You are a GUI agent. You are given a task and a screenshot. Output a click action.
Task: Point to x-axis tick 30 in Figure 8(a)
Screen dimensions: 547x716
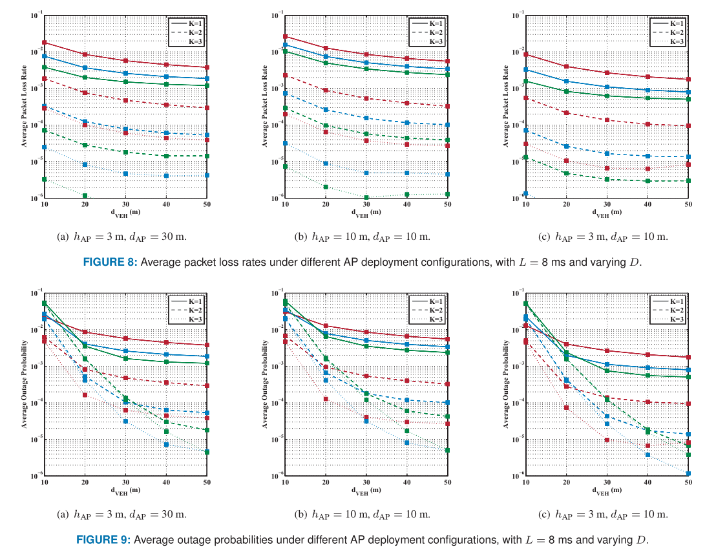pyautogui.click(x=125, y=204)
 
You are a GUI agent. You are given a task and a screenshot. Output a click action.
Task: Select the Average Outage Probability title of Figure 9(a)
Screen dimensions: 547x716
pyautogui.click(x=24, y=384)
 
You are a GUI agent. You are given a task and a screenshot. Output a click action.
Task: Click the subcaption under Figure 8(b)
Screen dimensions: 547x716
pyautogui.click(x=366, y=237)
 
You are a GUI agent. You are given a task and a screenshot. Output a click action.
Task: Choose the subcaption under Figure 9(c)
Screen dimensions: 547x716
pyautogui.click(x=605, y=515)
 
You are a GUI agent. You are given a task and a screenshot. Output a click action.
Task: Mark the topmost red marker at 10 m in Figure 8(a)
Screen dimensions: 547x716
pyautogui.click(x=45, y=43)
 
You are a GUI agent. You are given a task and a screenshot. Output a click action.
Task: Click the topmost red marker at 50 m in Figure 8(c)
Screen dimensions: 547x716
pyautogui.click(x=688, y=80)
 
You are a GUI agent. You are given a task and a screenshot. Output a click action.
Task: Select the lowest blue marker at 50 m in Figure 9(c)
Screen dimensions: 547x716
pyautogui.click(x=688, y=473)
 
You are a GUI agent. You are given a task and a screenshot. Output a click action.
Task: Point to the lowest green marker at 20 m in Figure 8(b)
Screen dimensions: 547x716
pyautogui.click(x=326, y=187)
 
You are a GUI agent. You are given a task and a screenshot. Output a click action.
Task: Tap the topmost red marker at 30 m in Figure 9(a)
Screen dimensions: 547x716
pyautogui.click(x=125, y=338)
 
